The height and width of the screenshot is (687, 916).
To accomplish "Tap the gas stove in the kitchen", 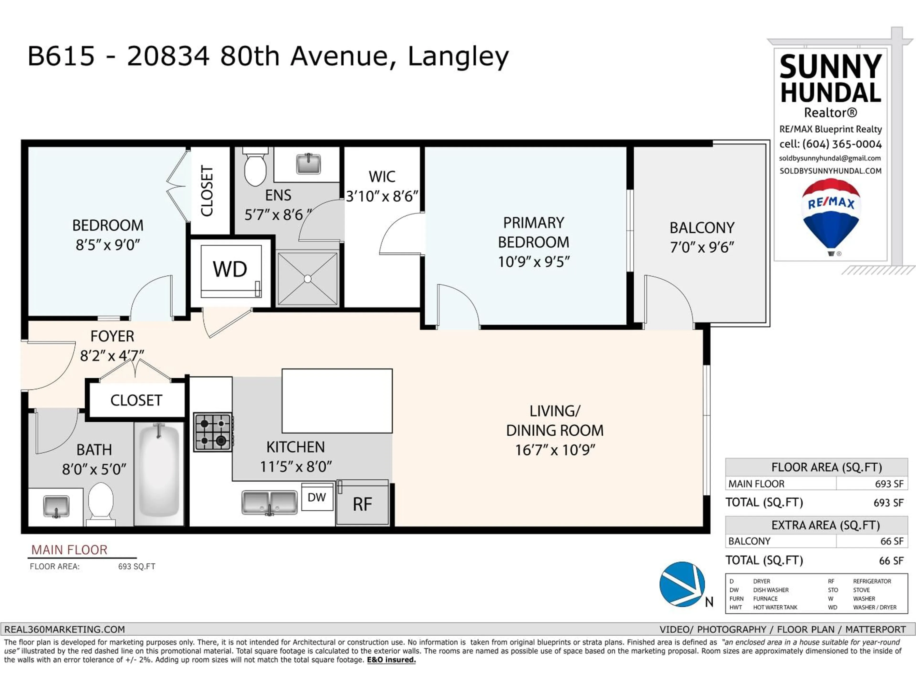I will [213, 432].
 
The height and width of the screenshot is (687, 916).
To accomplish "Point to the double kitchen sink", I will [269, 502].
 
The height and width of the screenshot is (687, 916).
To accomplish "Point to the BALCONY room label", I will [702, 228].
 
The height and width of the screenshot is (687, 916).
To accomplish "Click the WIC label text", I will [382, 177].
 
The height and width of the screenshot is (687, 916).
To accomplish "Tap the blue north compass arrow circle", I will [682, 584].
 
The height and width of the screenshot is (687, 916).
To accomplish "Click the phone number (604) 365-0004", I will [842, 144].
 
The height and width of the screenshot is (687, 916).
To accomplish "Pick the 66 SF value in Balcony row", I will [892, 541].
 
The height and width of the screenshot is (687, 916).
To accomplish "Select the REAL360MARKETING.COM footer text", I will [65, 630].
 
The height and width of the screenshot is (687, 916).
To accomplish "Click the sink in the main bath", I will [56, 506].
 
